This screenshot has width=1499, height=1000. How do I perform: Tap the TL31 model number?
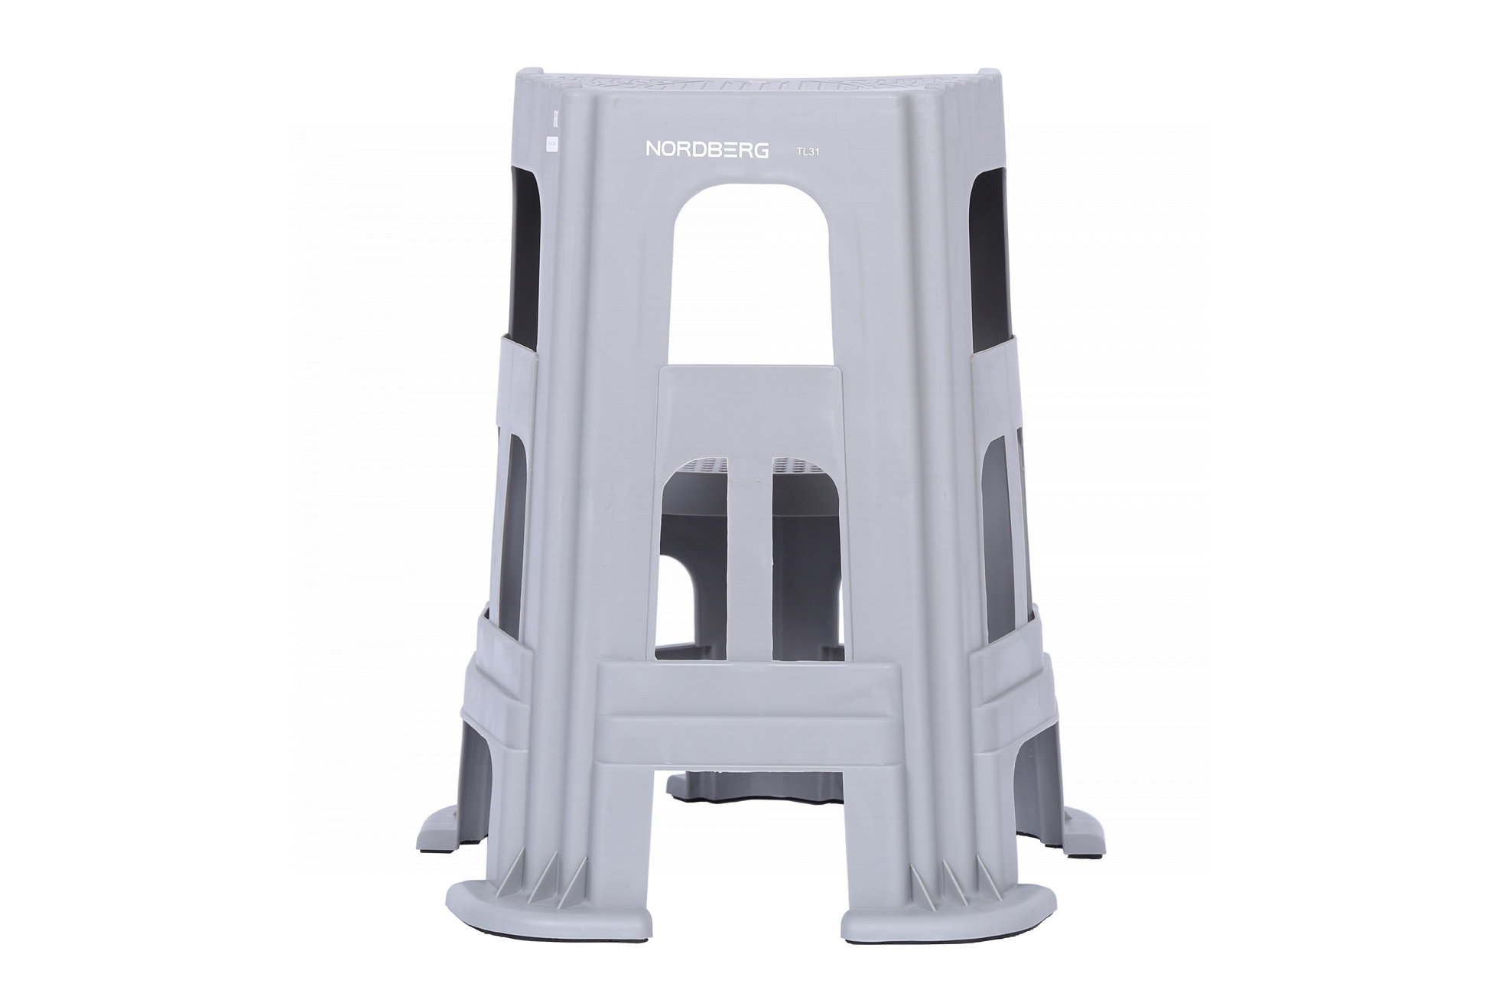tap(808, 151)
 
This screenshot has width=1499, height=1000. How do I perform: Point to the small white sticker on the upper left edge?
tap(548, 144)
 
